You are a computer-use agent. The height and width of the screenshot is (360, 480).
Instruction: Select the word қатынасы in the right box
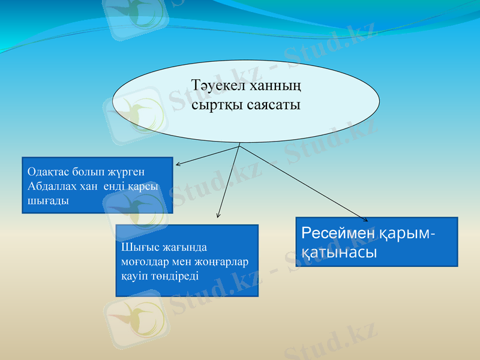(338, 253)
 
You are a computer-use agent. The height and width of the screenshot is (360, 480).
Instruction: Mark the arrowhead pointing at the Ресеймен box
(367, 220)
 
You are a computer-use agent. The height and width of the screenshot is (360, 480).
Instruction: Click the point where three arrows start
(239, 145)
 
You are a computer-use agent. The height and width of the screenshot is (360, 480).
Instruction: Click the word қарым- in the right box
(407, 233)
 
